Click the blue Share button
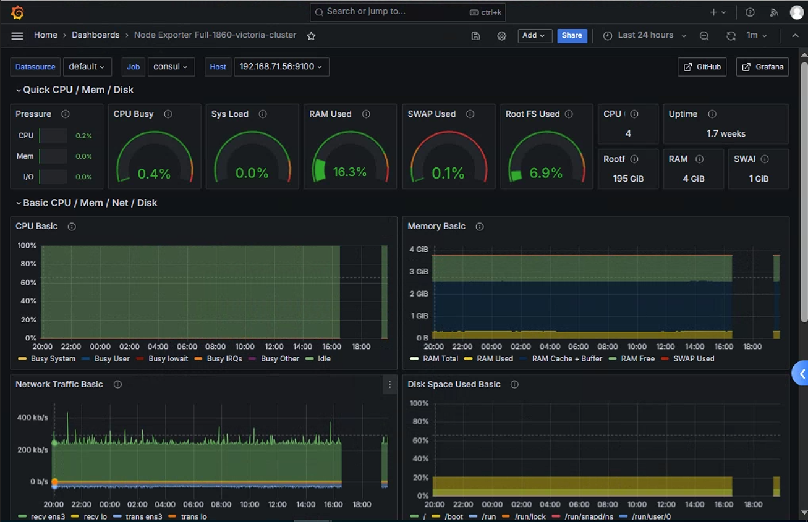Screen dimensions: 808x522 pos(572,36)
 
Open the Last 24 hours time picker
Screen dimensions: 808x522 pos(645,35)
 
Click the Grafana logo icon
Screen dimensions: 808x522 pos(17,12)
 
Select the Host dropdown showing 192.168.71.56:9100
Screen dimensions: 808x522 pos(281,67)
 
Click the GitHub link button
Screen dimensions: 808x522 pos(702,67)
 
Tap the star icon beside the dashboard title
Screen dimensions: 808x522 pos(311,36)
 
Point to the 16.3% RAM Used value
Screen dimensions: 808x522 pos(349,172)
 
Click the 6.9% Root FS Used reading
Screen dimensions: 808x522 pos(546,173)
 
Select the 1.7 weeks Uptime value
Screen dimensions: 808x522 pos(726,134)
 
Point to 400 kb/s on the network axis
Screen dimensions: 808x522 pos(33,418)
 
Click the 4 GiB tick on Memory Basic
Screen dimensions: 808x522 pos(419,250)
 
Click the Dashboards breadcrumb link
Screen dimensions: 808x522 pos(96,35)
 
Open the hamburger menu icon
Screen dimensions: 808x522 pos(17,36)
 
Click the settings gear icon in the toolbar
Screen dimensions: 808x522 pos(501,36)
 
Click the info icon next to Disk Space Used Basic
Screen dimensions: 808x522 pos(514,385)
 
